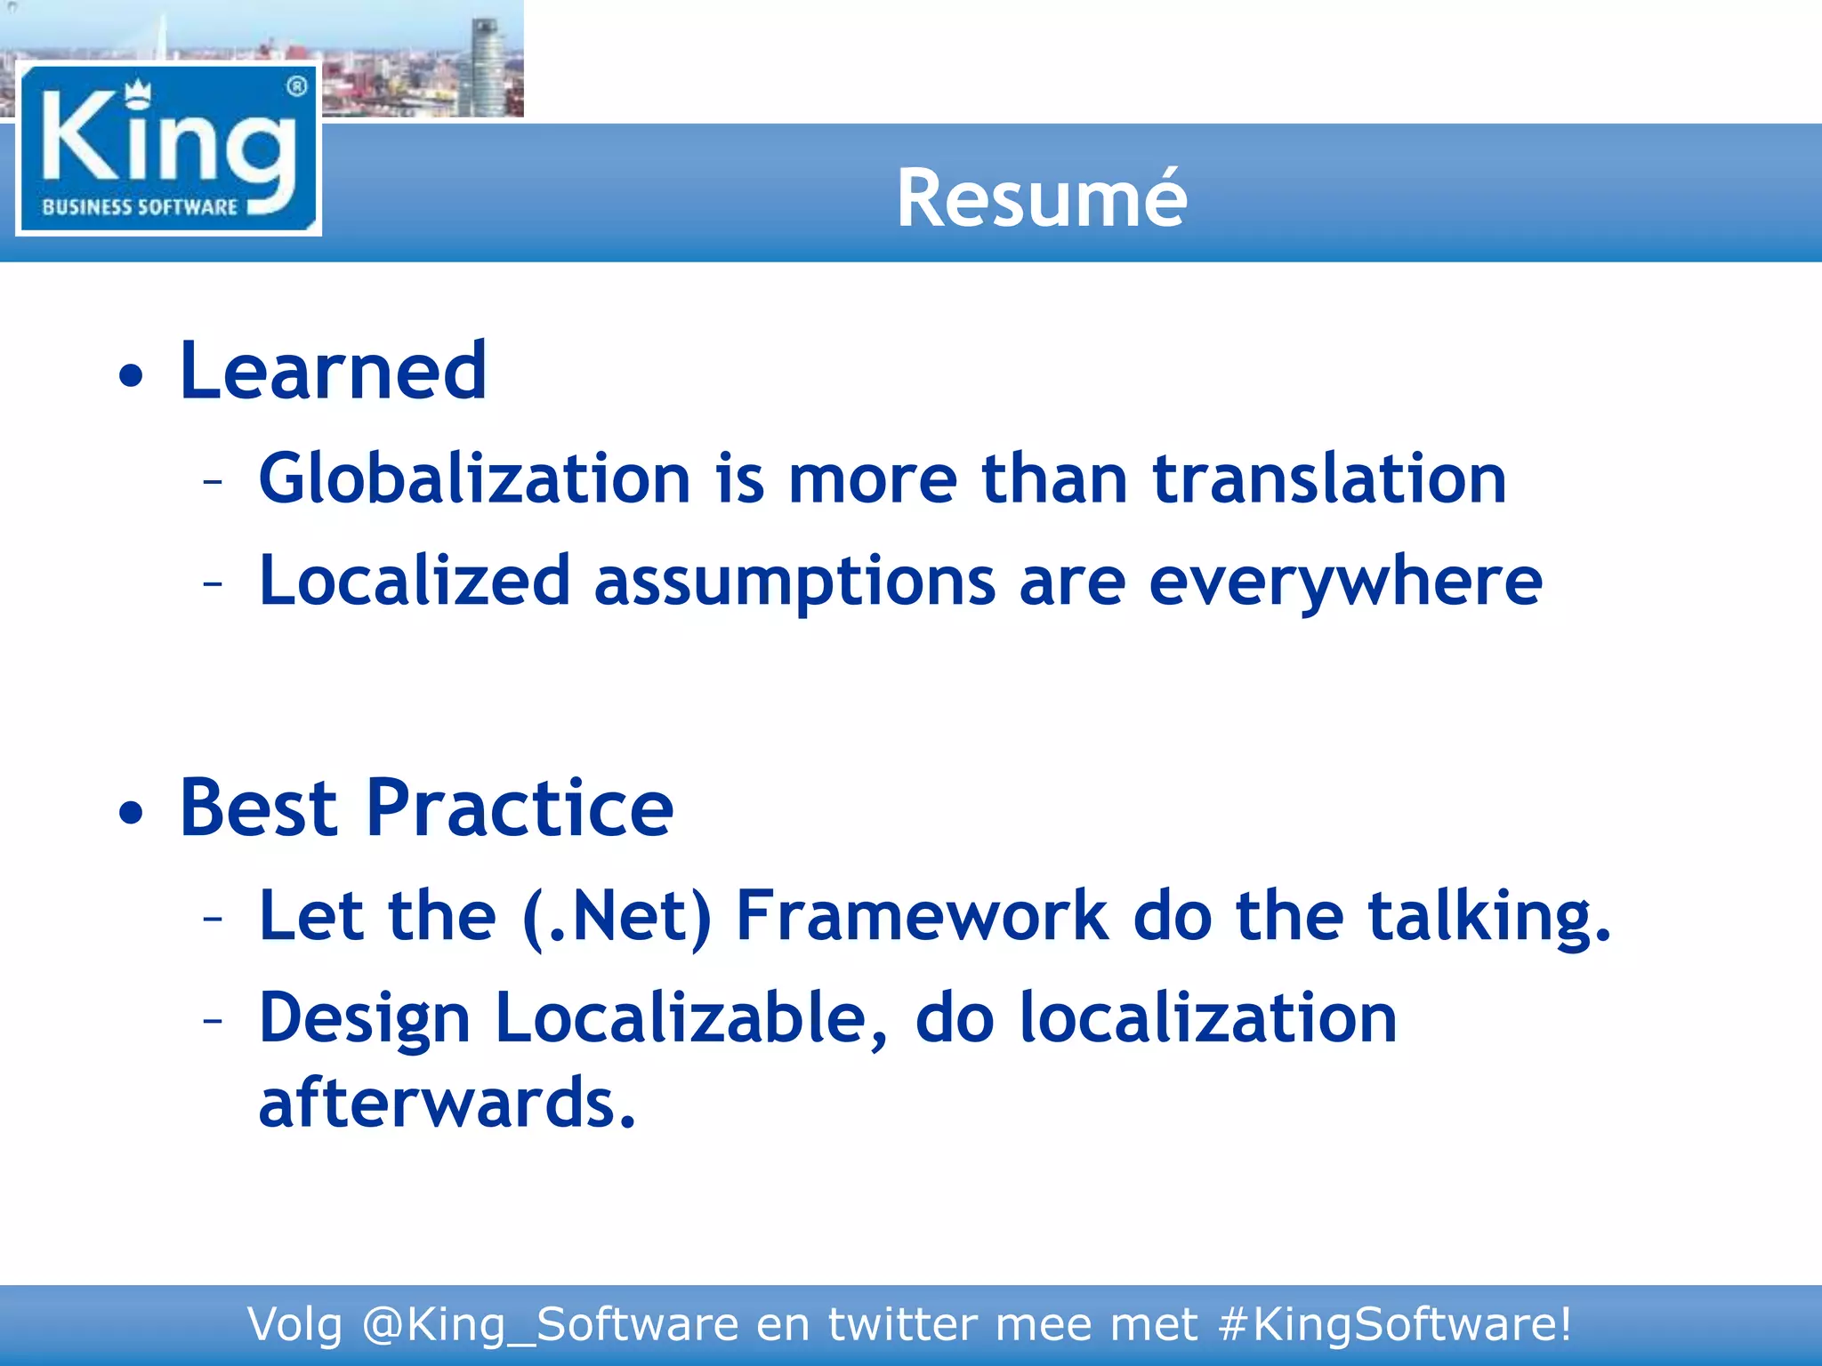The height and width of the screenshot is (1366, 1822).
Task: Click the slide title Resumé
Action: click(1041, 198)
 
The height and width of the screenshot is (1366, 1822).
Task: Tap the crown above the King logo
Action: click(138, 92)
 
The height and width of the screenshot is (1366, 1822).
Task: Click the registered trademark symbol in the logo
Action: click(297, 86)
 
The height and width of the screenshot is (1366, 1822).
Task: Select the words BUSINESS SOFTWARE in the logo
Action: click(140, 207)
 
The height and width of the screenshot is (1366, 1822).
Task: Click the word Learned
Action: click(333, 371)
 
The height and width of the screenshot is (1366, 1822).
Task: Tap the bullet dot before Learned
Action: click(131, 375)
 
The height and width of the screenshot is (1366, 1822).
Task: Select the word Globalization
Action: click(474, 478)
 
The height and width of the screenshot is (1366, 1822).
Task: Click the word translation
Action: click(1329, 478)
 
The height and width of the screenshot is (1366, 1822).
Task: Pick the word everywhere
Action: click(1345, 582)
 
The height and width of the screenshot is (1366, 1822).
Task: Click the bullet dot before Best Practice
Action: click(131, 812)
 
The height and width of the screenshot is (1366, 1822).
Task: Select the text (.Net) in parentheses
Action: click(617, 916)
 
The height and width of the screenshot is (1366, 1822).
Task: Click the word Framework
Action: click(922, 916)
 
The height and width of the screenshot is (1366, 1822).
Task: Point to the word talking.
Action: click(1488, 916)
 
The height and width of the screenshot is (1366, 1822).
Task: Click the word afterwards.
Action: click(447, 1103)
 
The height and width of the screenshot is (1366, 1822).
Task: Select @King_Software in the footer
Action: click(550, 1324)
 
